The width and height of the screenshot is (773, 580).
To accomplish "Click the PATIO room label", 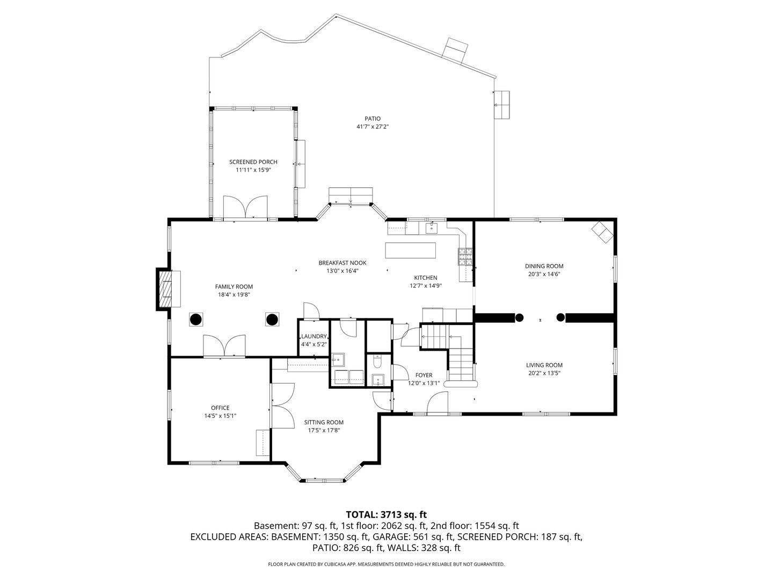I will (x=372, y=119).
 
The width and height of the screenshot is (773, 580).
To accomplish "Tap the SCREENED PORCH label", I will (x=253, y=162).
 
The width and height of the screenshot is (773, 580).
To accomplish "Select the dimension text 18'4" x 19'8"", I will (x=234, y=294).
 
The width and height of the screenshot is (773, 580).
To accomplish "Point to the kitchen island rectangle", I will (x=411, y=250).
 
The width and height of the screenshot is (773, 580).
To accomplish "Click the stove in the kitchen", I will (x=464, y=257).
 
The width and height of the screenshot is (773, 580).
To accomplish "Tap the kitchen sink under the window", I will (x=432, y=228).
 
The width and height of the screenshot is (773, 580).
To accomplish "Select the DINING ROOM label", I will (x=544, y=266).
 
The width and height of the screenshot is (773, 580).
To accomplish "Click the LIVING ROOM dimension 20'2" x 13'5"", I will (x=544, y=373).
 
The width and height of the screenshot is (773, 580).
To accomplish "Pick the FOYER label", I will (x=424, y=375).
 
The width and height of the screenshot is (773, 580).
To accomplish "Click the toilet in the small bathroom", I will (x=377, y=363).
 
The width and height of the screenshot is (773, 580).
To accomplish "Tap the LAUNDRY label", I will (x=313, y=337).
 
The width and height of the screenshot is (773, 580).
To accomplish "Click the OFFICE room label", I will (x=220, y=408).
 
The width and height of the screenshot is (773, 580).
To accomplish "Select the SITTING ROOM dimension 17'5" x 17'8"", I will (x=324, y=430).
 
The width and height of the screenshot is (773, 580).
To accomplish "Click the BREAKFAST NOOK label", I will (x=342, y=263).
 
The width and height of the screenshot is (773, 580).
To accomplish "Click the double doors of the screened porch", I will (x=245, y=208).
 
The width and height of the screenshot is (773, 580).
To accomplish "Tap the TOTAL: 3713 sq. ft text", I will (x=386, y=514).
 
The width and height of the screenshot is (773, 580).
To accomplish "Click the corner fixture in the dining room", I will (x=602, y=233).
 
